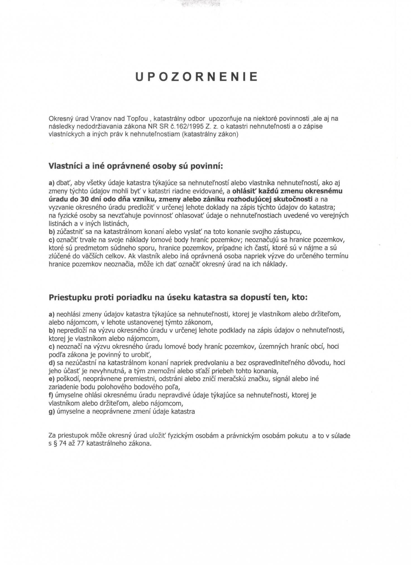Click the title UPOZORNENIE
click(x=197, y=77)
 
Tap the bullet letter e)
click(x=52, y=379)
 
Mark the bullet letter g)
click(x=52, y=412)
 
